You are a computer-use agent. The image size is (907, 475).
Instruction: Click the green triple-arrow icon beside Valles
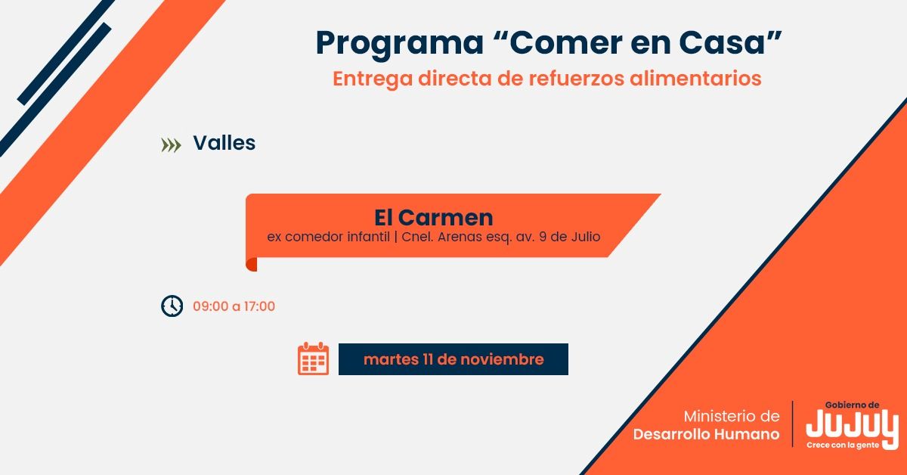172,145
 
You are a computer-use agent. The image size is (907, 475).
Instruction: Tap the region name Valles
224,143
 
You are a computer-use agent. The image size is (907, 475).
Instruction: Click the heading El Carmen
433,218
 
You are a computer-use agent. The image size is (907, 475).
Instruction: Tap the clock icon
172,306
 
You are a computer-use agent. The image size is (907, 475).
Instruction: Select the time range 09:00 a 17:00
234,306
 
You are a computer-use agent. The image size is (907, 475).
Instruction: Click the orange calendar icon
313,359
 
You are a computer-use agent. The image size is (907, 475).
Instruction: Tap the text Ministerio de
731,417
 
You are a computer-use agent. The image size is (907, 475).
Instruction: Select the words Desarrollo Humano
706,434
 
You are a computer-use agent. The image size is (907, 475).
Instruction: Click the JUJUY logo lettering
852,426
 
